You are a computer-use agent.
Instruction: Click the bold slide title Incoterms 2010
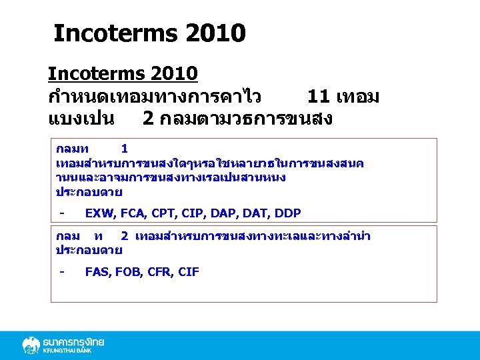pyautogui.click(x=149, y=33)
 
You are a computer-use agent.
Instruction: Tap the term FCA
pyautogui.click(x=133, y=213)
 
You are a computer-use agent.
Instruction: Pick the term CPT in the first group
pyautogui.click(x=164, y=213)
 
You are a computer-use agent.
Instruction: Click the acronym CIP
pyautogui.click(x=194, y=213)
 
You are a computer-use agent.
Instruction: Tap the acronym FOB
pyautogui.click(x=129, y=271)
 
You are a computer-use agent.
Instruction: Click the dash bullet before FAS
pyautogui.click(x=61, y=271)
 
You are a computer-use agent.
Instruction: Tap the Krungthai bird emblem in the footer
pyautogui.click(x=31, y=345)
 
